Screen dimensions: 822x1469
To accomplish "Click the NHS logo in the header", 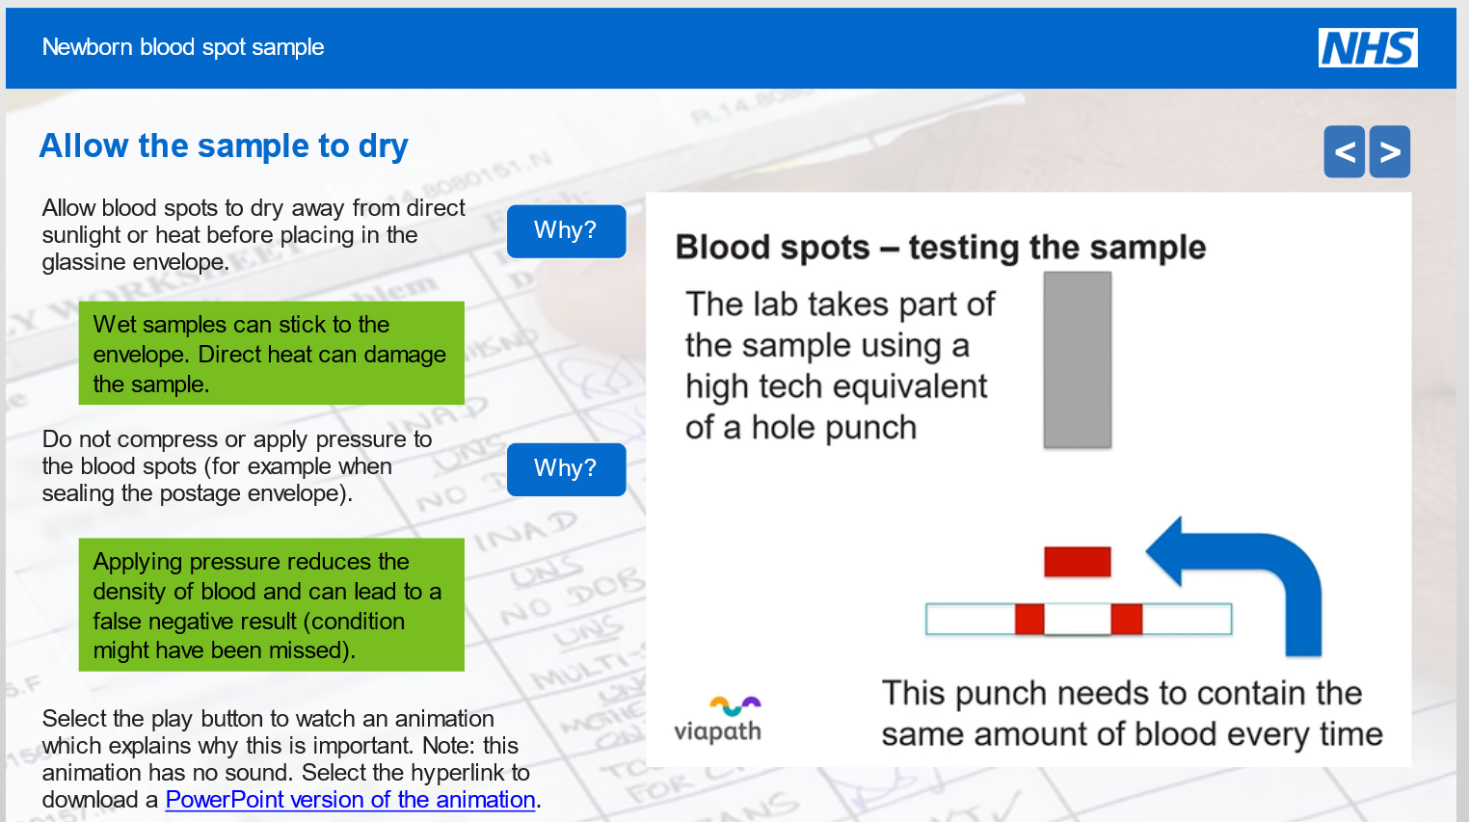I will click(1367, 47).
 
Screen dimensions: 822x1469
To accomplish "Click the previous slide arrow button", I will click(1344, 152).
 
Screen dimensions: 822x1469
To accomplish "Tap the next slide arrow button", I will click(1389, 152).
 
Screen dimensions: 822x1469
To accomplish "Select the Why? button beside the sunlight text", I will click(566, 231).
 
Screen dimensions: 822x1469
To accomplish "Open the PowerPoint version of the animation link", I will click(350, 800).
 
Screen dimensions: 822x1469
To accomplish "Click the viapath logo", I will click(718, 721).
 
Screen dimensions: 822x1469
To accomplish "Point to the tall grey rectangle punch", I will click(1077, 359).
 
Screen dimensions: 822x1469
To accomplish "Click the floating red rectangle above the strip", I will click(1077, 561).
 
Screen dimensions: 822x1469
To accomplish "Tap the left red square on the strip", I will click(1028, 619).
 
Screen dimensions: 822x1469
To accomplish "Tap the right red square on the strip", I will click(1126, 619).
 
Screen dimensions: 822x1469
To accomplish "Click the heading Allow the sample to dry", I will click(224, 146).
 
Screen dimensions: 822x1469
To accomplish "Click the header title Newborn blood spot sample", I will click(183, 47).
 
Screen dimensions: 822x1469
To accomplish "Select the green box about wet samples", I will click(271, 354).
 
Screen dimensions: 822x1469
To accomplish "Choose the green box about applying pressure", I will click(271, 605).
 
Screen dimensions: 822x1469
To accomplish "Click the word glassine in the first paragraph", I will click(85, 262).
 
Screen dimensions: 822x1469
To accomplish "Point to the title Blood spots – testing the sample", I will click(940, 248).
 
